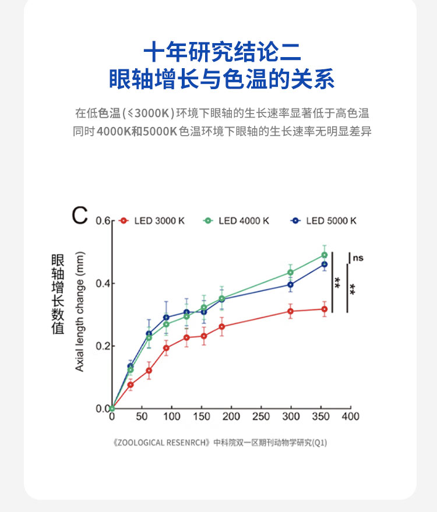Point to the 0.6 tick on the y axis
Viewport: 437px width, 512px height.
(x=103, y=221)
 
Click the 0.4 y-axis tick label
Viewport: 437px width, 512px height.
(x=103, y=284)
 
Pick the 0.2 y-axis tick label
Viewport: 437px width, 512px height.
(x=103, y=346)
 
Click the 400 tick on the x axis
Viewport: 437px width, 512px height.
(x=350, y=417)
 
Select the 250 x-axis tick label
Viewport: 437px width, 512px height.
(x=260, y=417)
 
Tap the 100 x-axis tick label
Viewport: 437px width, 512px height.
(x=171, y=417)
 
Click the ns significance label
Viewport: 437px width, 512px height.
(x=358, y=257)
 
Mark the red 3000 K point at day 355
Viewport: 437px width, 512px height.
(x=325, y=309)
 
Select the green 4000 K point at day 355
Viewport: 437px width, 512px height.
(x=325, y=255)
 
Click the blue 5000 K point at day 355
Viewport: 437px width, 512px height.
(x=325, y=264)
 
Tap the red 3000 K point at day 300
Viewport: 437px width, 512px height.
(x=291, y=311)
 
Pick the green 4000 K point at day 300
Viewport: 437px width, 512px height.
(x=291, y=273)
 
